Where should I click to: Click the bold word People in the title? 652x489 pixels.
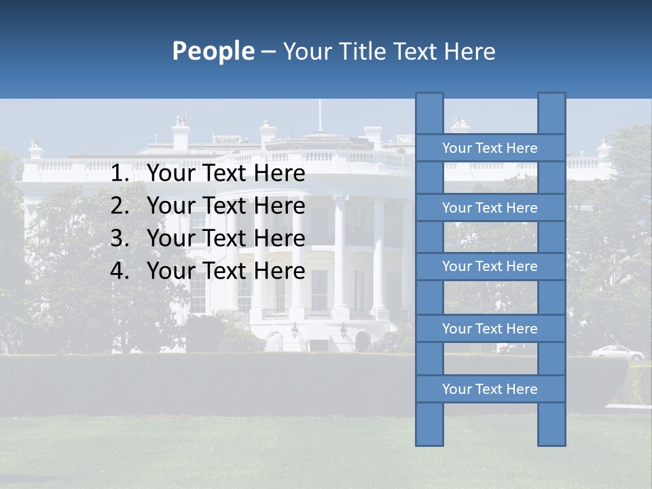coord(213,51)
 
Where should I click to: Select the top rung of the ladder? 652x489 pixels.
coord(490,148)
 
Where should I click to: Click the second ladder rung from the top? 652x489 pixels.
coord(490,208)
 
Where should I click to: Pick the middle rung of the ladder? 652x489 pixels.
coord(490,267)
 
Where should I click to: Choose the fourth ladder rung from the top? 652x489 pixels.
coord(490,329)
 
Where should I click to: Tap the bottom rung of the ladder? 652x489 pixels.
coord(490,389)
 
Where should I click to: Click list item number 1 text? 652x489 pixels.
coord(225,174)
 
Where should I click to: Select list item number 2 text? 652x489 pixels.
coord(225,206)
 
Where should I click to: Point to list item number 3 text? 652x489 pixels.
coord(225,238)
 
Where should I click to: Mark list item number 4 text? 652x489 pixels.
coord(225,271)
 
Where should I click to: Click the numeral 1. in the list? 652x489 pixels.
coord(120,174)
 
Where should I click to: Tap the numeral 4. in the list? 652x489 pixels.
coord(120,271)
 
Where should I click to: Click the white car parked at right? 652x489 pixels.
coord(617,352)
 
